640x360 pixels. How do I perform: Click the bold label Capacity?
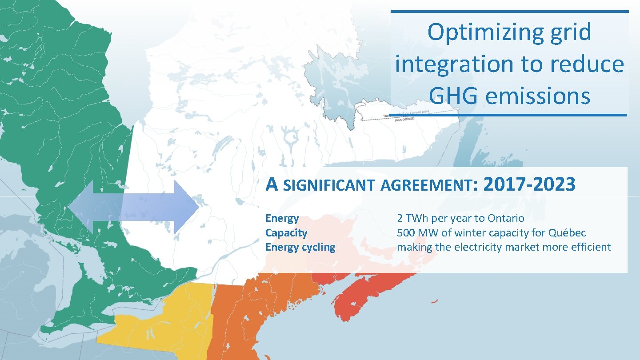click(x=286, y=233)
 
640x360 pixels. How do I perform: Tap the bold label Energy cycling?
click(x=300, y=247)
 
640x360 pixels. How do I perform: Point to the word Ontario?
click(x=506, y=218)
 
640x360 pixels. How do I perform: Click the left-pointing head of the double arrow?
click(x=80, y=207)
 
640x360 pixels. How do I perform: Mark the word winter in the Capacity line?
click(x=468, y=233)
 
